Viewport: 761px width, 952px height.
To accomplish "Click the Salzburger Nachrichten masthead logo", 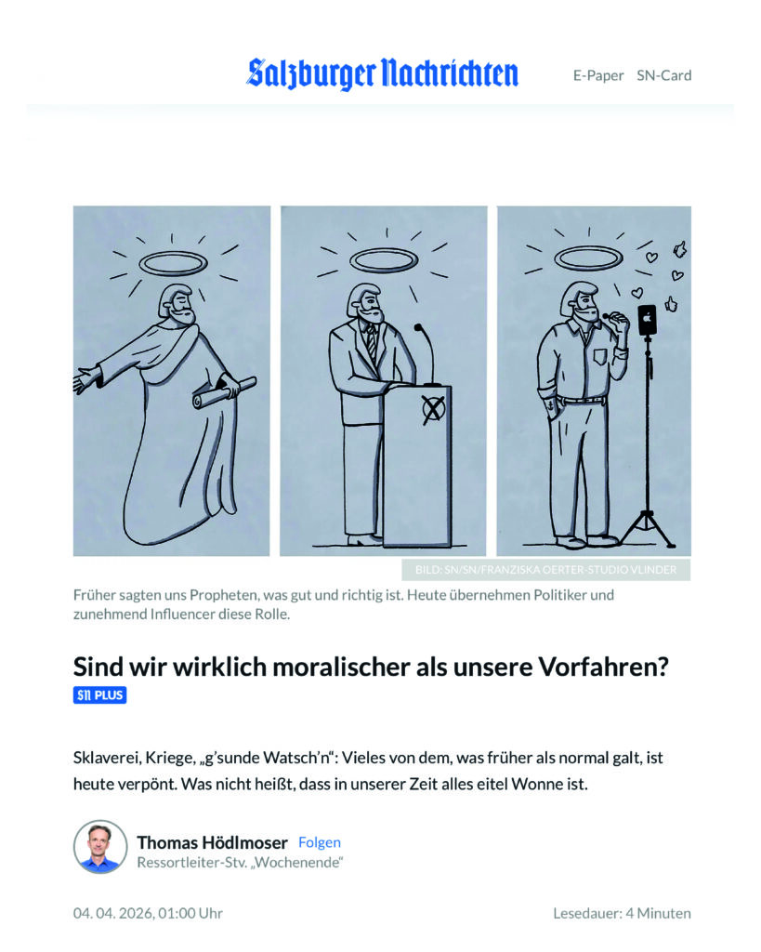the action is pos(382,74).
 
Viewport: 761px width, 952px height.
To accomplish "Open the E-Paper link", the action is pos(598,76).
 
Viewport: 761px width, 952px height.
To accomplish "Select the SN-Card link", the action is pos(664,75).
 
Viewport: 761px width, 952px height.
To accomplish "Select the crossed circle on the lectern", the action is pos(433,410).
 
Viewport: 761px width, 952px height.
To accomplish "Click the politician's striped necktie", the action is pos(371,342).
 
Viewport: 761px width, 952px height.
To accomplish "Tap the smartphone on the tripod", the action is pos(647,320).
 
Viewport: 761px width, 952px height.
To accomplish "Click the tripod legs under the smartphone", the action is pos(647,529).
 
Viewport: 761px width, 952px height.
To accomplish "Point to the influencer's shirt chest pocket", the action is pos(599,356).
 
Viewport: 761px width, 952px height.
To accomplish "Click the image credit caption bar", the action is pos(545,570).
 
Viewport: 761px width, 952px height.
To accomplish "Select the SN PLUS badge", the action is pos(100,695).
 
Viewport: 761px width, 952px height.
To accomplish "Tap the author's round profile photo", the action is pos(100,847).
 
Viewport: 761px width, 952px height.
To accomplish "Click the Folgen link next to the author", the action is pos(320,842).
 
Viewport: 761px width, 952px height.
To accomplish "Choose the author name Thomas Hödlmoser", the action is pos(213,842).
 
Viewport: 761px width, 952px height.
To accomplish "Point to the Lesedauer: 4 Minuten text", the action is pos(622,913).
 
